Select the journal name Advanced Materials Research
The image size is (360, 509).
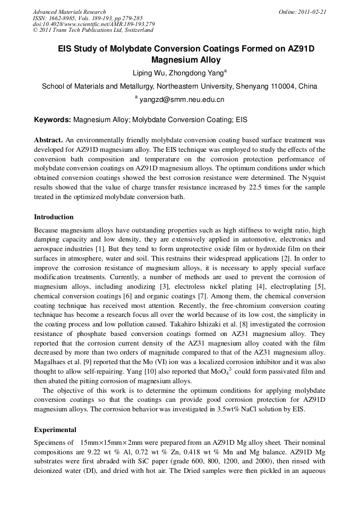[x=70, y=12]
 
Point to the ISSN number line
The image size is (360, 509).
[x=82, y=18]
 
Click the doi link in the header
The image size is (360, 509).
[x=93, y=24]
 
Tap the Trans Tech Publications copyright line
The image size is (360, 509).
[x=93, y=31]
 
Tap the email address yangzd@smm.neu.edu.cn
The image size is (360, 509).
[x=182, y=99]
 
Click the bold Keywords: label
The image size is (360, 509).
[x=52, y=120]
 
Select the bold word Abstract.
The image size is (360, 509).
[x=48, y=140]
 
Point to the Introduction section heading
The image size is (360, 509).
[x=54, y=217]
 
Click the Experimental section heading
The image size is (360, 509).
[x=55, y=430]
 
